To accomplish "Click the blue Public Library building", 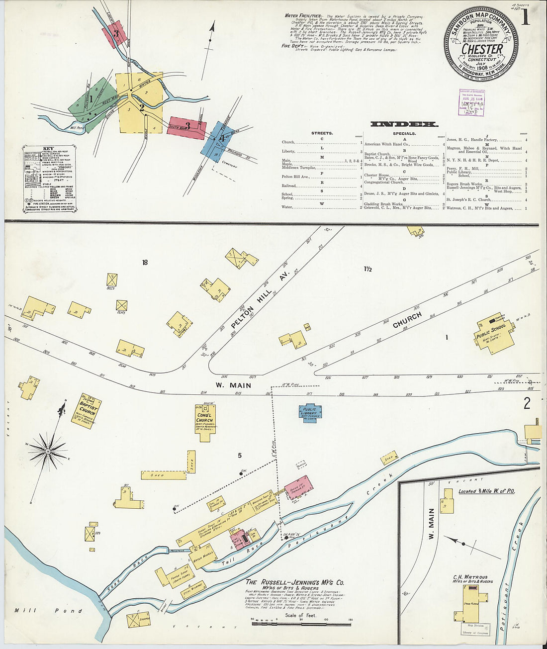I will point(310,413).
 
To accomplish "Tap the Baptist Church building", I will point(87,411).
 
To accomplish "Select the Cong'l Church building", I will point(205,420).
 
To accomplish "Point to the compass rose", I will point(48,451).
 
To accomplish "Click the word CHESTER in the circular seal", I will point(481,49).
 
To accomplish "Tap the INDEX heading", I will point(404,124).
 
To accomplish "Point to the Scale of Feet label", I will point(301,615).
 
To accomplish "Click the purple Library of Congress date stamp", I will point(471,103).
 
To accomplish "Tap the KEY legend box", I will point(48,178).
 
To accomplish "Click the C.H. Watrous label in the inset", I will point(472,578).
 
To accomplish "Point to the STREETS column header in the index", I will point(322,133).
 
